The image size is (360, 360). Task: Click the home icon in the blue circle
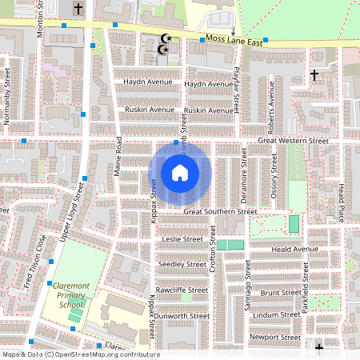click(180, 173)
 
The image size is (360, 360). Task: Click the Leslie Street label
click(182, 239)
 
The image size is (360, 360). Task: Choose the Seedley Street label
click(182, 264)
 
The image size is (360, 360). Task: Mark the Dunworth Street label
click(182, 316)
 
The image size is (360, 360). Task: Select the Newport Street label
click(274, 338)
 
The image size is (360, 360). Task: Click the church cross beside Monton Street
click(78, 9)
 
